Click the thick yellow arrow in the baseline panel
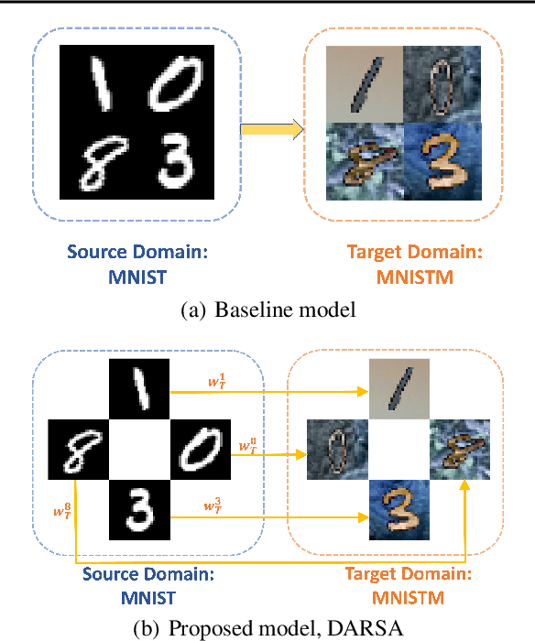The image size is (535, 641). click(271, 131)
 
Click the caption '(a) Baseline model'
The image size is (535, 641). click(267, 310)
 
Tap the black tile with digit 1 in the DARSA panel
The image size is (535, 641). click(139, 389)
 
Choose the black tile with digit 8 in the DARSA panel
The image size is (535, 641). click(77, 451)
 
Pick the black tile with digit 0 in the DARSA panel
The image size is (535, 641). click(201, 451)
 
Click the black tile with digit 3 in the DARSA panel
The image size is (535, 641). click(139, 511)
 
